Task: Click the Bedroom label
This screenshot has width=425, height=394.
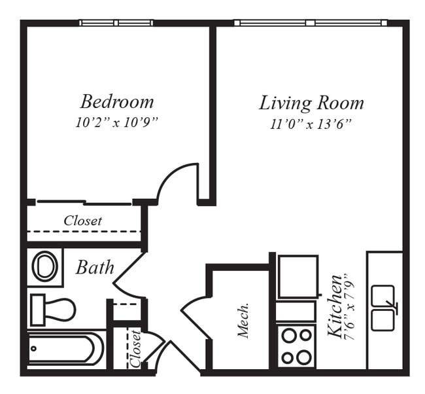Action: (117, 101)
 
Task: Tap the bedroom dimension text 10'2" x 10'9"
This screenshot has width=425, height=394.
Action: (116, 122)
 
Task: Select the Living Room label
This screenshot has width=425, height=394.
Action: (311, 103)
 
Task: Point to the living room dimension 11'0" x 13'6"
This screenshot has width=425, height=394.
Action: (311, 124)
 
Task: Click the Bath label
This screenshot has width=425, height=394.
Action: (95, 268)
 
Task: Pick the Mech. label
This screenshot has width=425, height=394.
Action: (243, 320)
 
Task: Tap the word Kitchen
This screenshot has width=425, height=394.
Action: (335, 306)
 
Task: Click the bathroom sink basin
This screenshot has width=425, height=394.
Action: (44, 266)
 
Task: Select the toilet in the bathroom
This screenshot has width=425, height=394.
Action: (53, 310)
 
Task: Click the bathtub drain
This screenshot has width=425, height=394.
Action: (33, 348)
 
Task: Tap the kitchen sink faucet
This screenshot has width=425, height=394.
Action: (392, 306)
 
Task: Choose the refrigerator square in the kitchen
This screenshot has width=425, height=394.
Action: (298, 276)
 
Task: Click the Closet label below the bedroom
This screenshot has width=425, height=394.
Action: (82, 221)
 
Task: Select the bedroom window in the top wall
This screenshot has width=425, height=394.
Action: (116, 23)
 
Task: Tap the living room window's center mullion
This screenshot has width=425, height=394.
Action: (311, 23)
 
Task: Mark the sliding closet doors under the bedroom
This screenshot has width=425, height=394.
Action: (84, 202)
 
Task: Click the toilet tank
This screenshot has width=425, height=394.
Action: (37, 310)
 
